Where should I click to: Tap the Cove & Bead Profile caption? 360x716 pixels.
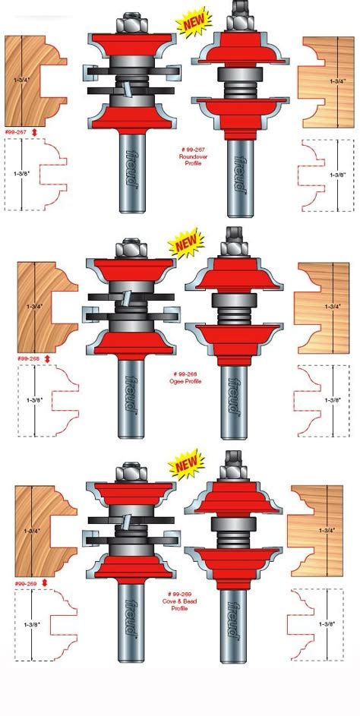[x=178, y=604]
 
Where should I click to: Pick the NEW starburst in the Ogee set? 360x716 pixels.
[x=185, y=243]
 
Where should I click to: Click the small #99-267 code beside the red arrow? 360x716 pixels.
[x=16, y=132]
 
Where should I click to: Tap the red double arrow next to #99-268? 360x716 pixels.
[x=47, y=358]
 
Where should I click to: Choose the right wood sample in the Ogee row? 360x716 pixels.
[x=323, y=308]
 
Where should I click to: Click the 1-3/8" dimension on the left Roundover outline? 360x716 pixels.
[x=22, y=173]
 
